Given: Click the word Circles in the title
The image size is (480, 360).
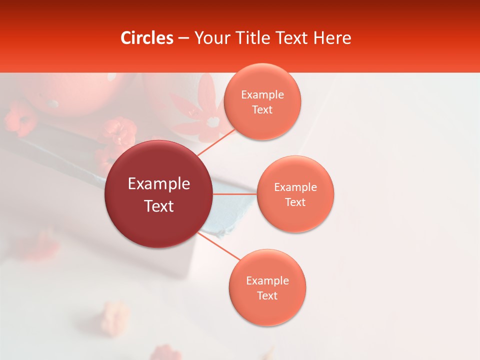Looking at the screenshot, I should click(147, 38).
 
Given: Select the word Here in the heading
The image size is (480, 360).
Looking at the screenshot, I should click(332, 38).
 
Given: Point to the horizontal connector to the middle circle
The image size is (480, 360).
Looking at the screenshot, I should click(234, 193).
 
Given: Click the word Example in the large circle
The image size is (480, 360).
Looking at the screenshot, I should click(159, 184).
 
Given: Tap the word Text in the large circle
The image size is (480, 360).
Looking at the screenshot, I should click(159, 206).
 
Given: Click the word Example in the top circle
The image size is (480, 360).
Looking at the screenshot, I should click(262, 95).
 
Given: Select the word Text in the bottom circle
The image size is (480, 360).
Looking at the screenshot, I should click(267, 296).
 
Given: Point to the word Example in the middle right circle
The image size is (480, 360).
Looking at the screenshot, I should click(295, 187).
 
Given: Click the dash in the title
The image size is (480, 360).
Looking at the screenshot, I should click(183, 38).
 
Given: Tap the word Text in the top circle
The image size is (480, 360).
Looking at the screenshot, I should click(262, 110).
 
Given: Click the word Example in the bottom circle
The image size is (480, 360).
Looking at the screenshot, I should click(267, 281).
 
